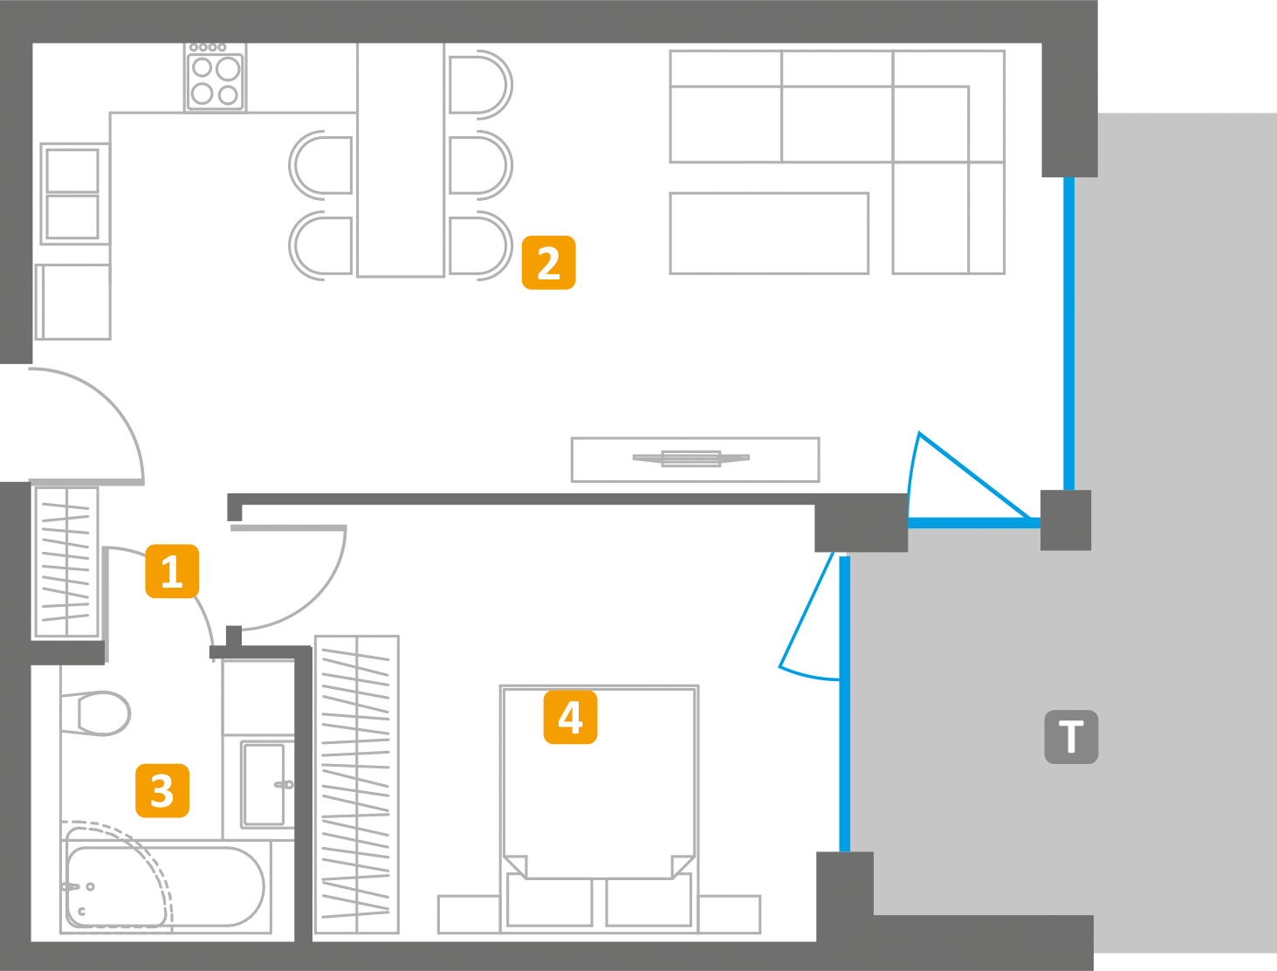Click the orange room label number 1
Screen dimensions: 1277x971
click(x=172, y=571)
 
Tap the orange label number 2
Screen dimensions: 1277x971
click(x=549, y=262)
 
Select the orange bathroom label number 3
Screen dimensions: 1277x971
click(x=162, y=790)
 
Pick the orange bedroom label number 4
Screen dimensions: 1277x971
click(x=570, y=717)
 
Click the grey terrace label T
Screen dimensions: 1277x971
click(x=1071, y=736)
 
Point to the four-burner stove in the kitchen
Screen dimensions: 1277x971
click(x=216, y=78)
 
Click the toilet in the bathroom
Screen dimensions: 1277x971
click(x=95, y=713)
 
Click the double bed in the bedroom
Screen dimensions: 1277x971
click(x=600, y=809)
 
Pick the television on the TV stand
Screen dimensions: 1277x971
click(x=691, y=458)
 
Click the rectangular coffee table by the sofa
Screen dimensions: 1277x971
click(x=769, y=233)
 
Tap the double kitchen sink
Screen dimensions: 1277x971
click(x=72, y=194)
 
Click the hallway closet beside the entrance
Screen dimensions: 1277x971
click(x=66, y=562)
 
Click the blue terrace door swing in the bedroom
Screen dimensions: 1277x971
click(x=810, y=616)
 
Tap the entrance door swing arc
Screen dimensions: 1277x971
click(x=86, y=426)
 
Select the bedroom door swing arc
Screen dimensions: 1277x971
click(x=289, y=578)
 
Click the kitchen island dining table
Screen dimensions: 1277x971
click(x=401, y=160)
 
